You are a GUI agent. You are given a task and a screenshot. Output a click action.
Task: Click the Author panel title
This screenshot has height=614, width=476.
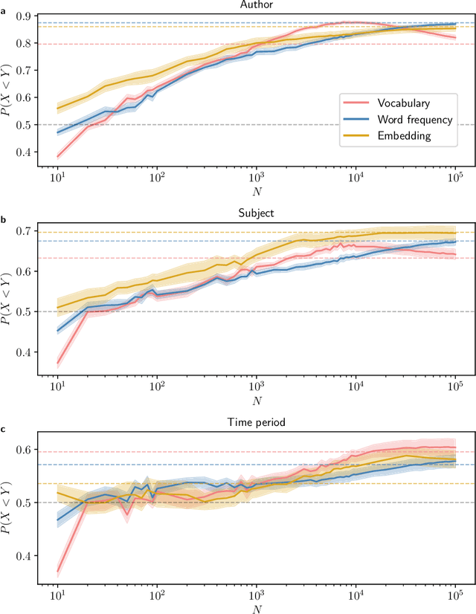coord(256,5)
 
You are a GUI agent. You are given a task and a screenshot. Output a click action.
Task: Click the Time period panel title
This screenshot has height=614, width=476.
coord(256,422)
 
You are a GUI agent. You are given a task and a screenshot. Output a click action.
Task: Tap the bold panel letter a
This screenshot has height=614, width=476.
coord(4,10)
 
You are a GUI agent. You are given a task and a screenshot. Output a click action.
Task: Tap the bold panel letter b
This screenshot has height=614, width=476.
coord(4,220)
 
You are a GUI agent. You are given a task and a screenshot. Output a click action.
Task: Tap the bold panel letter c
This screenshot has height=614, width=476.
coord(4,429)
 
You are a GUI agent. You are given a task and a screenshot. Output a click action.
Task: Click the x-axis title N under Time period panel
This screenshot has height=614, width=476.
coord(256,608)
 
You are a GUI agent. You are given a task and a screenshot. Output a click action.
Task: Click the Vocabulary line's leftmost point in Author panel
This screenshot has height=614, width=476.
coord(57,157)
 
